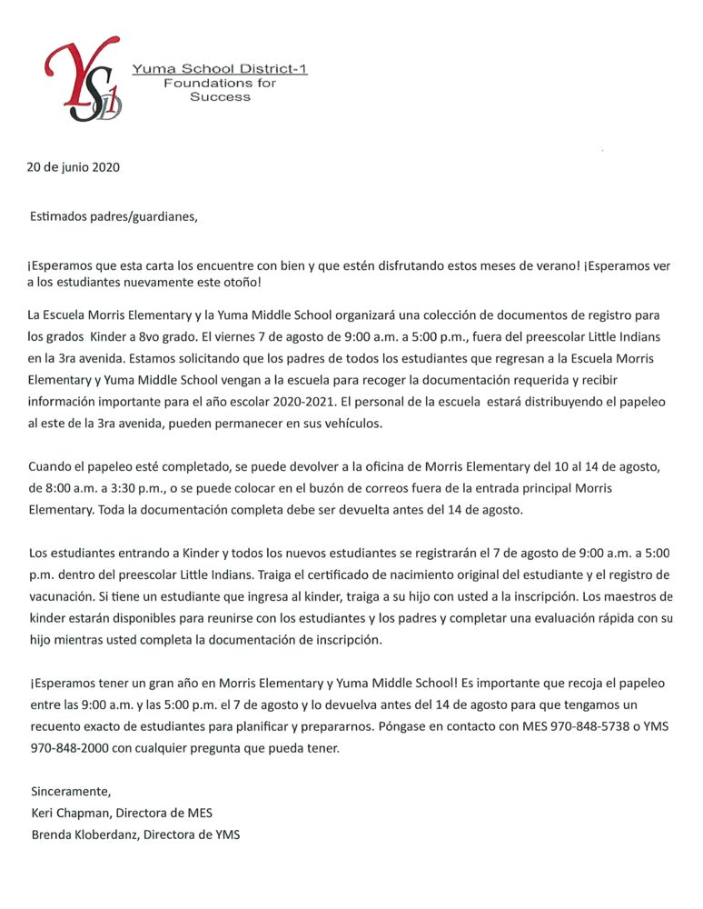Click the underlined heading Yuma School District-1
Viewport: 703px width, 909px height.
pos(219,69)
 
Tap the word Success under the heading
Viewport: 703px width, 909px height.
pos(220,96)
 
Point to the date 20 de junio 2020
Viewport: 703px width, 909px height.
pos(73,167)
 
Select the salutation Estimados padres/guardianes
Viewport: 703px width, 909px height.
pos(114,216)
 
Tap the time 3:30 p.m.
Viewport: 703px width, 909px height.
pos(127,488)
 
